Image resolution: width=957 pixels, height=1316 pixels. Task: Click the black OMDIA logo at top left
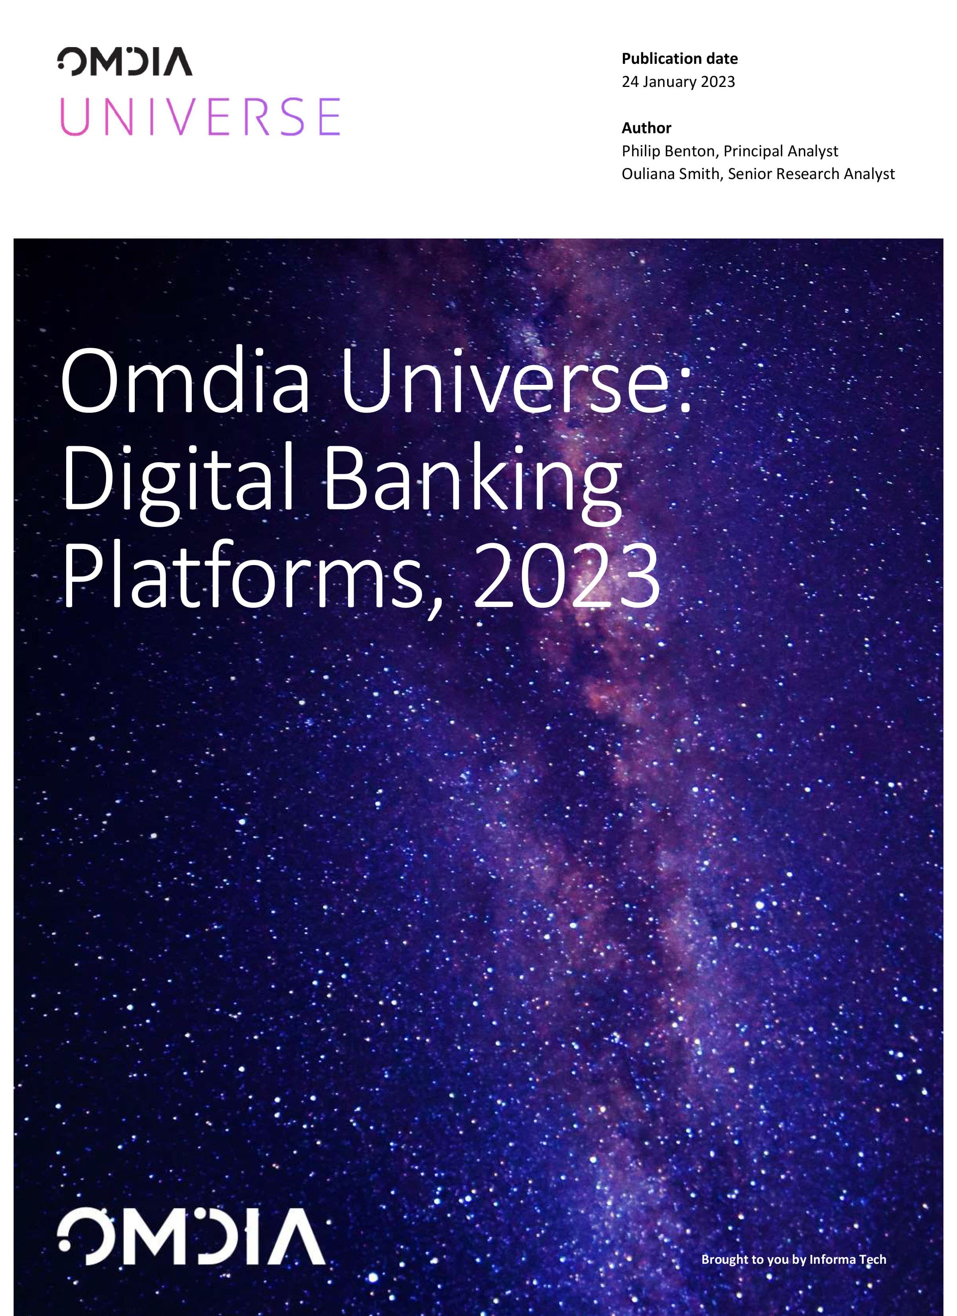click(x=125, y=61)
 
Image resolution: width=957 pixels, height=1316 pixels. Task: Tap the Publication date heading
click(x=679, y=59)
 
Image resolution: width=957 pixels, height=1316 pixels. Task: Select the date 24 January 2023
click(x=678, y=82)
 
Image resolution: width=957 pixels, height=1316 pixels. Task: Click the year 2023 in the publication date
click(x=718, y=82)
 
